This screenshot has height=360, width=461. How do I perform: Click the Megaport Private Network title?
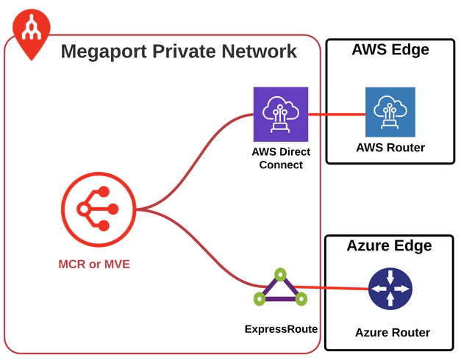tap(179, 51)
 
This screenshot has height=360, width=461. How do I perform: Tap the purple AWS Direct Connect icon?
tap(280, 114)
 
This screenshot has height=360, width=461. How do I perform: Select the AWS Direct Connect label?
tap(280, 158)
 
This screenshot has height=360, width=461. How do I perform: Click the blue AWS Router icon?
tap(390, 112)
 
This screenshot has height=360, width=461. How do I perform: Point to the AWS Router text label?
tap(390, 148)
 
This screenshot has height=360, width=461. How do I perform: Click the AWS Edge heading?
tap(390, 50)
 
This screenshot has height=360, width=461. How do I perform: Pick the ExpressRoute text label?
tap(281, 328)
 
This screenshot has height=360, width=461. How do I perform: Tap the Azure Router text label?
tap(392, 333)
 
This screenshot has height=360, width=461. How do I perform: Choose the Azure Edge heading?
tap(389, 245)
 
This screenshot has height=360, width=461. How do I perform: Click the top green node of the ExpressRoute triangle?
tap(279, 274)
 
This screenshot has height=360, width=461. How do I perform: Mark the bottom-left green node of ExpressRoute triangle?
tap(259, 299)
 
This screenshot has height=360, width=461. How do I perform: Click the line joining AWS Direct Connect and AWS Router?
tap(337, 114)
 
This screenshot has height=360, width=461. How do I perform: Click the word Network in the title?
tap(257, 51)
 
